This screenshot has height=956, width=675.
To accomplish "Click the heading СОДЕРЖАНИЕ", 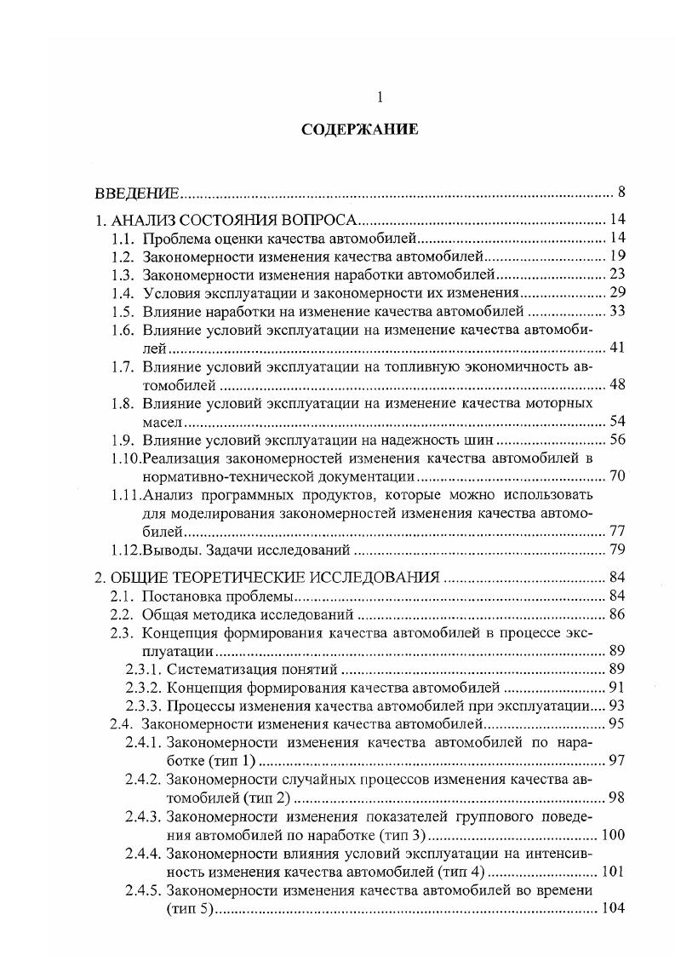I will click(x=358, y=130).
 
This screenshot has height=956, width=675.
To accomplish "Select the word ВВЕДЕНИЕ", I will click(x=135, y=191).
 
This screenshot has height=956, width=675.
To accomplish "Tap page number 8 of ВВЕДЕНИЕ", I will click(x=621, y=191).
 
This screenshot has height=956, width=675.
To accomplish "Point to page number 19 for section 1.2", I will click(x=618, y=256).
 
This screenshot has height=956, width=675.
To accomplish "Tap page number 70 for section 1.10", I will click(x=618, y=476).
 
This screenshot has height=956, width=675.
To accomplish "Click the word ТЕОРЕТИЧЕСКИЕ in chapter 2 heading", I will click(x=259, y=576).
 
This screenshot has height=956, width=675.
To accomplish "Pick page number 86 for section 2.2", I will click(x=618, y=613).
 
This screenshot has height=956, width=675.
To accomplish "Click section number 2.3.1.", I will click(x=143, y=669).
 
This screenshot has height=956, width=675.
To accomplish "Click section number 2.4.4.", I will click(x=143, y=853).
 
